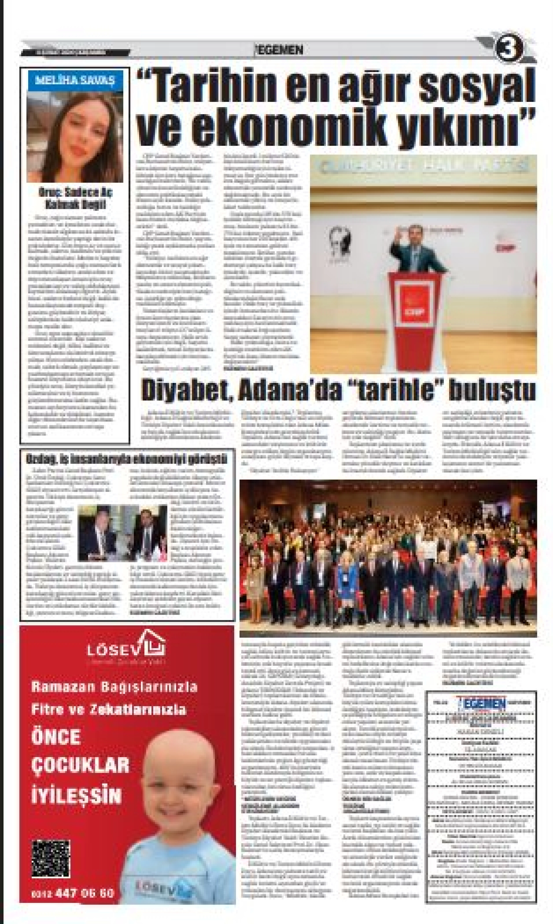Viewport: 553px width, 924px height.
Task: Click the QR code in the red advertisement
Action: click(x=51, y=858)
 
